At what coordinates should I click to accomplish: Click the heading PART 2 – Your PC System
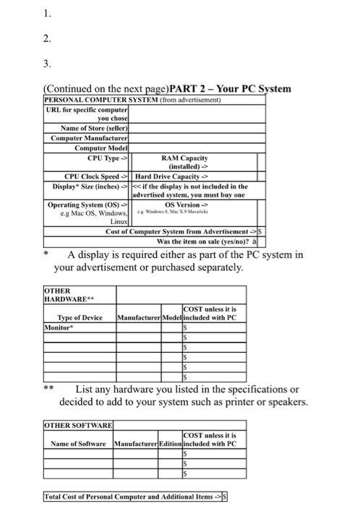tap(228, 89)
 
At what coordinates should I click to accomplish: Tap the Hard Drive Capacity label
tap(171, 175)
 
